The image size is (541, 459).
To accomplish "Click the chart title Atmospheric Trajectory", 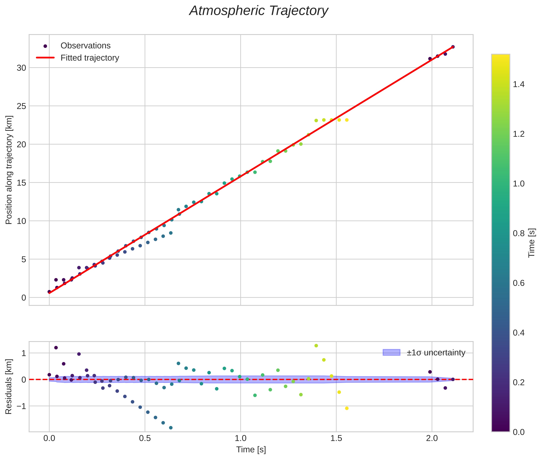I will (258, 11).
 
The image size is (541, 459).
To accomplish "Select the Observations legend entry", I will (85, 46).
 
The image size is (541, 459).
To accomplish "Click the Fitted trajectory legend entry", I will (90, 58).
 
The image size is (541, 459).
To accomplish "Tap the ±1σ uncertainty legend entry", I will (436, 353).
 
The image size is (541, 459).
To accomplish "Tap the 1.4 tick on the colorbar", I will (518, 85).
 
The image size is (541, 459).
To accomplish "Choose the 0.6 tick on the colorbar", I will (518, 283).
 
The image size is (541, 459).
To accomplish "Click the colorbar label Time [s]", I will (532, 243).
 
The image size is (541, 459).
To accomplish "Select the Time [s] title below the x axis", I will (251, 450).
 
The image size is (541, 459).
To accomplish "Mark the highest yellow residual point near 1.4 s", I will (316, 346).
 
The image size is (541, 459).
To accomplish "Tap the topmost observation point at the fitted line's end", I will (453, 47).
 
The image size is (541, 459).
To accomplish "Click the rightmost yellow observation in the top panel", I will (346, 120).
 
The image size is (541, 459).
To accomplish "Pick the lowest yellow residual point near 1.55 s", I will (346, 408).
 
